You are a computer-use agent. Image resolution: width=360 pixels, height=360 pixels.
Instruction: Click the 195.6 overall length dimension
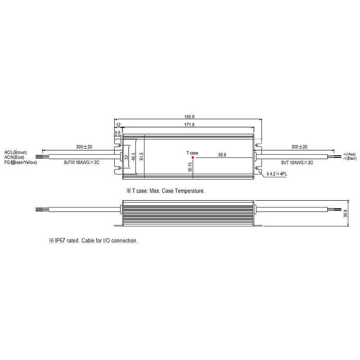pos(189,117)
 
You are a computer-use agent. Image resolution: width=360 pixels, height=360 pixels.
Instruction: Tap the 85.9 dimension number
pos(222,154)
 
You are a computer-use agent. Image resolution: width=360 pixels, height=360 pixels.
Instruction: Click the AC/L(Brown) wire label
pos(16,153)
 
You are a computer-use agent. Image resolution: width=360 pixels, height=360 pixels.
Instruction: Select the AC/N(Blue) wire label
pos(14,157)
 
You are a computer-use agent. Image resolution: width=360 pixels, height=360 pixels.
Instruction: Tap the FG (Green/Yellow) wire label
pos(21,162)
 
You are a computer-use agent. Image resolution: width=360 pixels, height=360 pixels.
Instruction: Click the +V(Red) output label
pos(350,154)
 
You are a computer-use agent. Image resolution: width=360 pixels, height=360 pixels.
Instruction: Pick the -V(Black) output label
pos(350,159)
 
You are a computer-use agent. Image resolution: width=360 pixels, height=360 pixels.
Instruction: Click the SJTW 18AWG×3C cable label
pos(81,162)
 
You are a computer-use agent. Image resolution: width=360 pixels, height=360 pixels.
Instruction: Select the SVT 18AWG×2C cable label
pos(294,162)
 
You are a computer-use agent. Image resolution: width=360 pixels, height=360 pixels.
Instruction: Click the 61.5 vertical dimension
pos(141,156)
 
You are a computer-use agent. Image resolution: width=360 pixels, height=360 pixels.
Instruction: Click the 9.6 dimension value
pos(118,133)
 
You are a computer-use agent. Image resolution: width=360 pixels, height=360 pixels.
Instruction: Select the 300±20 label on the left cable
pos(83,147)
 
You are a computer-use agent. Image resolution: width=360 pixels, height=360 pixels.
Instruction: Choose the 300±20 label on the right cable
pos(299,147)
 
